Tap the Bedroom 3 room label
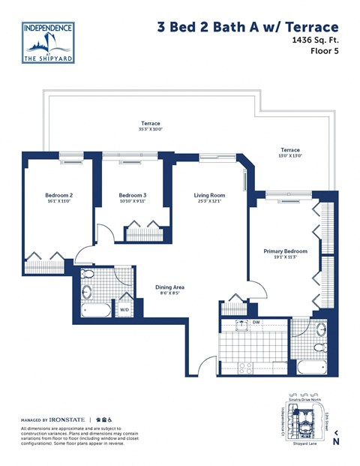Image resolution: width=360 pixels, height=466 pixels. click(x=132, y=196)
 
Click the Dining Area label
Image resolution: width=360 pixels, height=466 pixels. click(x=169, y=287)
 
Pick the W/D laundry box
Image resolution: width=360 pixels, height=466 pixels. click(x=124, y=308)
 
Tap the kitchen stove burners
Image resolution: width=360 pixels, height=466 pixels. click(x=244, y=367)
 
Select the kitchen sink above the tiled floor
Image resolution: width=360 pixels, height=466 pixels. click(x=242, y=325)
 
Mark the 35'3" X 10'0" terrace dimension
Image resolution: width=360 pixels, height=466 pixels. click(x=150, y=130)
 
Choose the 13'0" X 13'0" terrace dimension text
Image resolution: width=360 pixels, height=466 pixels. click(x=289, y=157)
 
